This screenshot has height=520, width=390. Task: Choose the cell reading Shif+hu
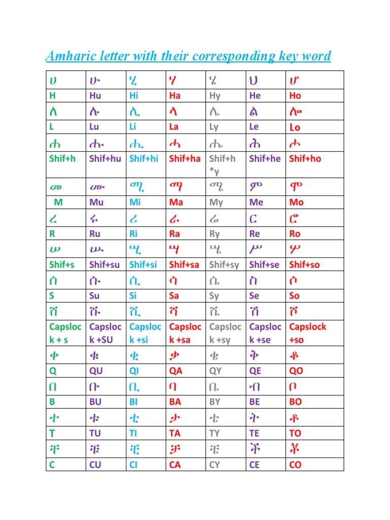105,158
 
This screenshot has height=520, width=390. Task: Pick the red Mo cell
296,202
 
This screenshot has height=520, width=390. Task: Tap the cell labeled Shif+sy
224,265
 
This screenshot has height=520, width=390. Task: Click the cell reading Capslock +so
307,333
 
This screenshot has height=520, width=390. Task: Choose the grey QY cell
216,371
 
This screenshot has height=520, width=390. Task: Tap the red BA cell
176,402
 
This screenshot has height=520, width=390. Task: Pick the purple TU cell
95,433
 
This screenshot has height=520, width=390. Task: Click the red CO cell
295,464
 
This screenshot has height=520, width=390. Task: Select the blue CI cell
134,464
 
